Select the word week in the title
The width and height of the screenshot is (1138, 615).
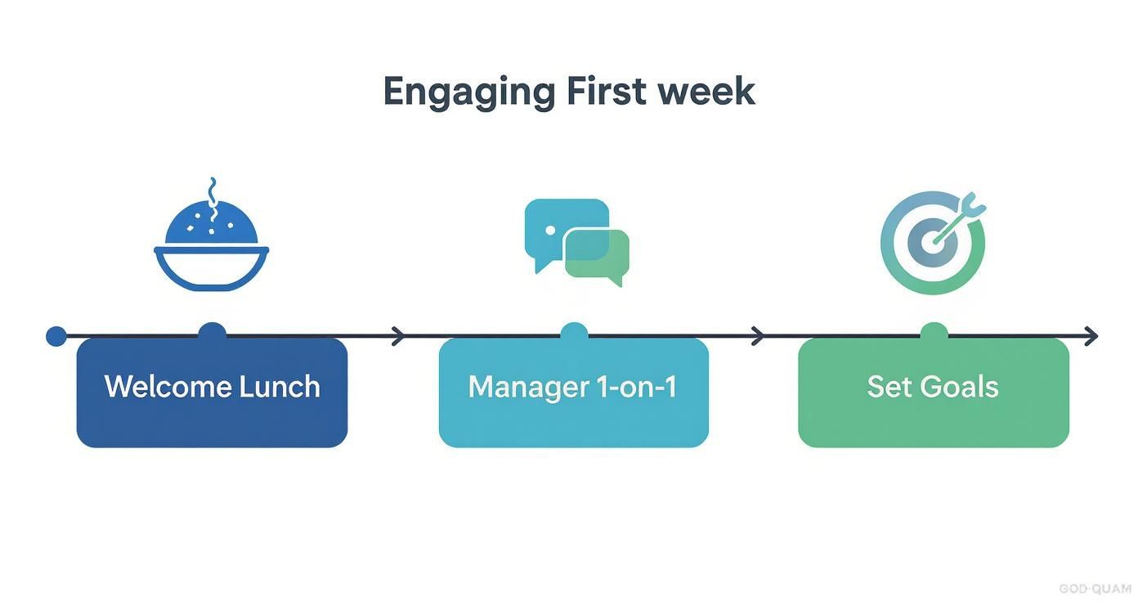click(x=708, y=91)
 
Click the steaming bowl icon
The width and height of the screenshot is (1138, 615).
click(x=212, y=245)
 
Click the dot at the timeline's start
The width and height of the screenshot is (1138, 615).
click(x=56, y=336)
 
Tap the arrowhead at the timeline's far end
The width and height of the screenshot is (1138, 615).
click(x=1090, y=335)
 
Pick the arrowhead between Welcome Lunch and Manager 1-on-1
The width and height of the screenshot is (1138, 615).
click(x=398, y=335)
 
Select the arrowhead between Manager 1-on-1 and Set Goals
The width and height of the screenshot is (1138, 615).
click(x=757, y=335)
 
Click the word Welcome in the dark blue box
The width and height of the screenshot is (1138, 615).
click(x=168, y=386)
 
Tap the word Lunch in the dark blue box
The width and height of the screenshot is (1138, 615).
click(x=279, y=386)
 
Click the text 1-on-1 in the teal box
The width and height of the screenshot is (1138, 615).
click(x=643, y=386)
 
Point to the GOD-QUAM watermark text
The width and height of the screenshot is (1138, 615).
click(x=1095, y=589)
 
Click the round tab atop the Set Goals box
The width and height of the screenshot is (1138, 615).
click(x=934, y=330)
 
